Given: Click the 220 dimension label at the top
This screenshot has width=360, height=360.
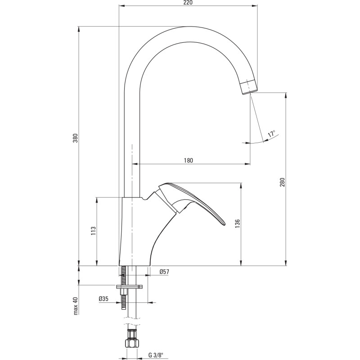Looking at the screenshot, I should [188, 3].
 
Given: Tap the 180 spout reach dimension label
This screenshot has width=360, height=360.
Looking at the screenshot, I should [189, 161].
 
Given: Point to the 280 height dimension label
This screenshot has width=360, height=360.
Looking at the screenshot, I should [282, 182].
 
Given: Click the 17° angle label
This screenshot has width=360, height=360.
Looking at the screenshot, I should [271, 134].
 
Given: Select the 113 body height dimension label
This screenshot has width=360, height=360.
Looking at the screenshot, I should [93, 230].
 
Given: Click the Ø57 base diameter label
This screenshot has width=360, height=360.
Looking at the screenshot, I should [164, 271].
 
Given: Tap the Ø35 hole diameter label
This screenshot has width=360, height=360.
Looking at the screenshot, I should [103, 298].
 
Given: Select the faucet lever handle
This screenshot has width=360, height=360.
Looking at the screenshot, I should [193, 200].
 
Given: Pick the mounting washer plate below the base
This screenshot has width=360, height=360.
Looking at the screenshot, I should [129, 286].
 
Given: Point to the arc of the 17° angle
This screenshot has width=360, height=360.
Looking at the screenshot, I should [260, 142].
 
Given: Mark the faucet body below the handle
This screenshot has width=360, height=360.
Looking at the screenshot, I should [135, 234].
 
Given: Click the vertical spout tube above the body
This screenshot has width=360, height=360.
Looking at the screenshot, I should [132, 135].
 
